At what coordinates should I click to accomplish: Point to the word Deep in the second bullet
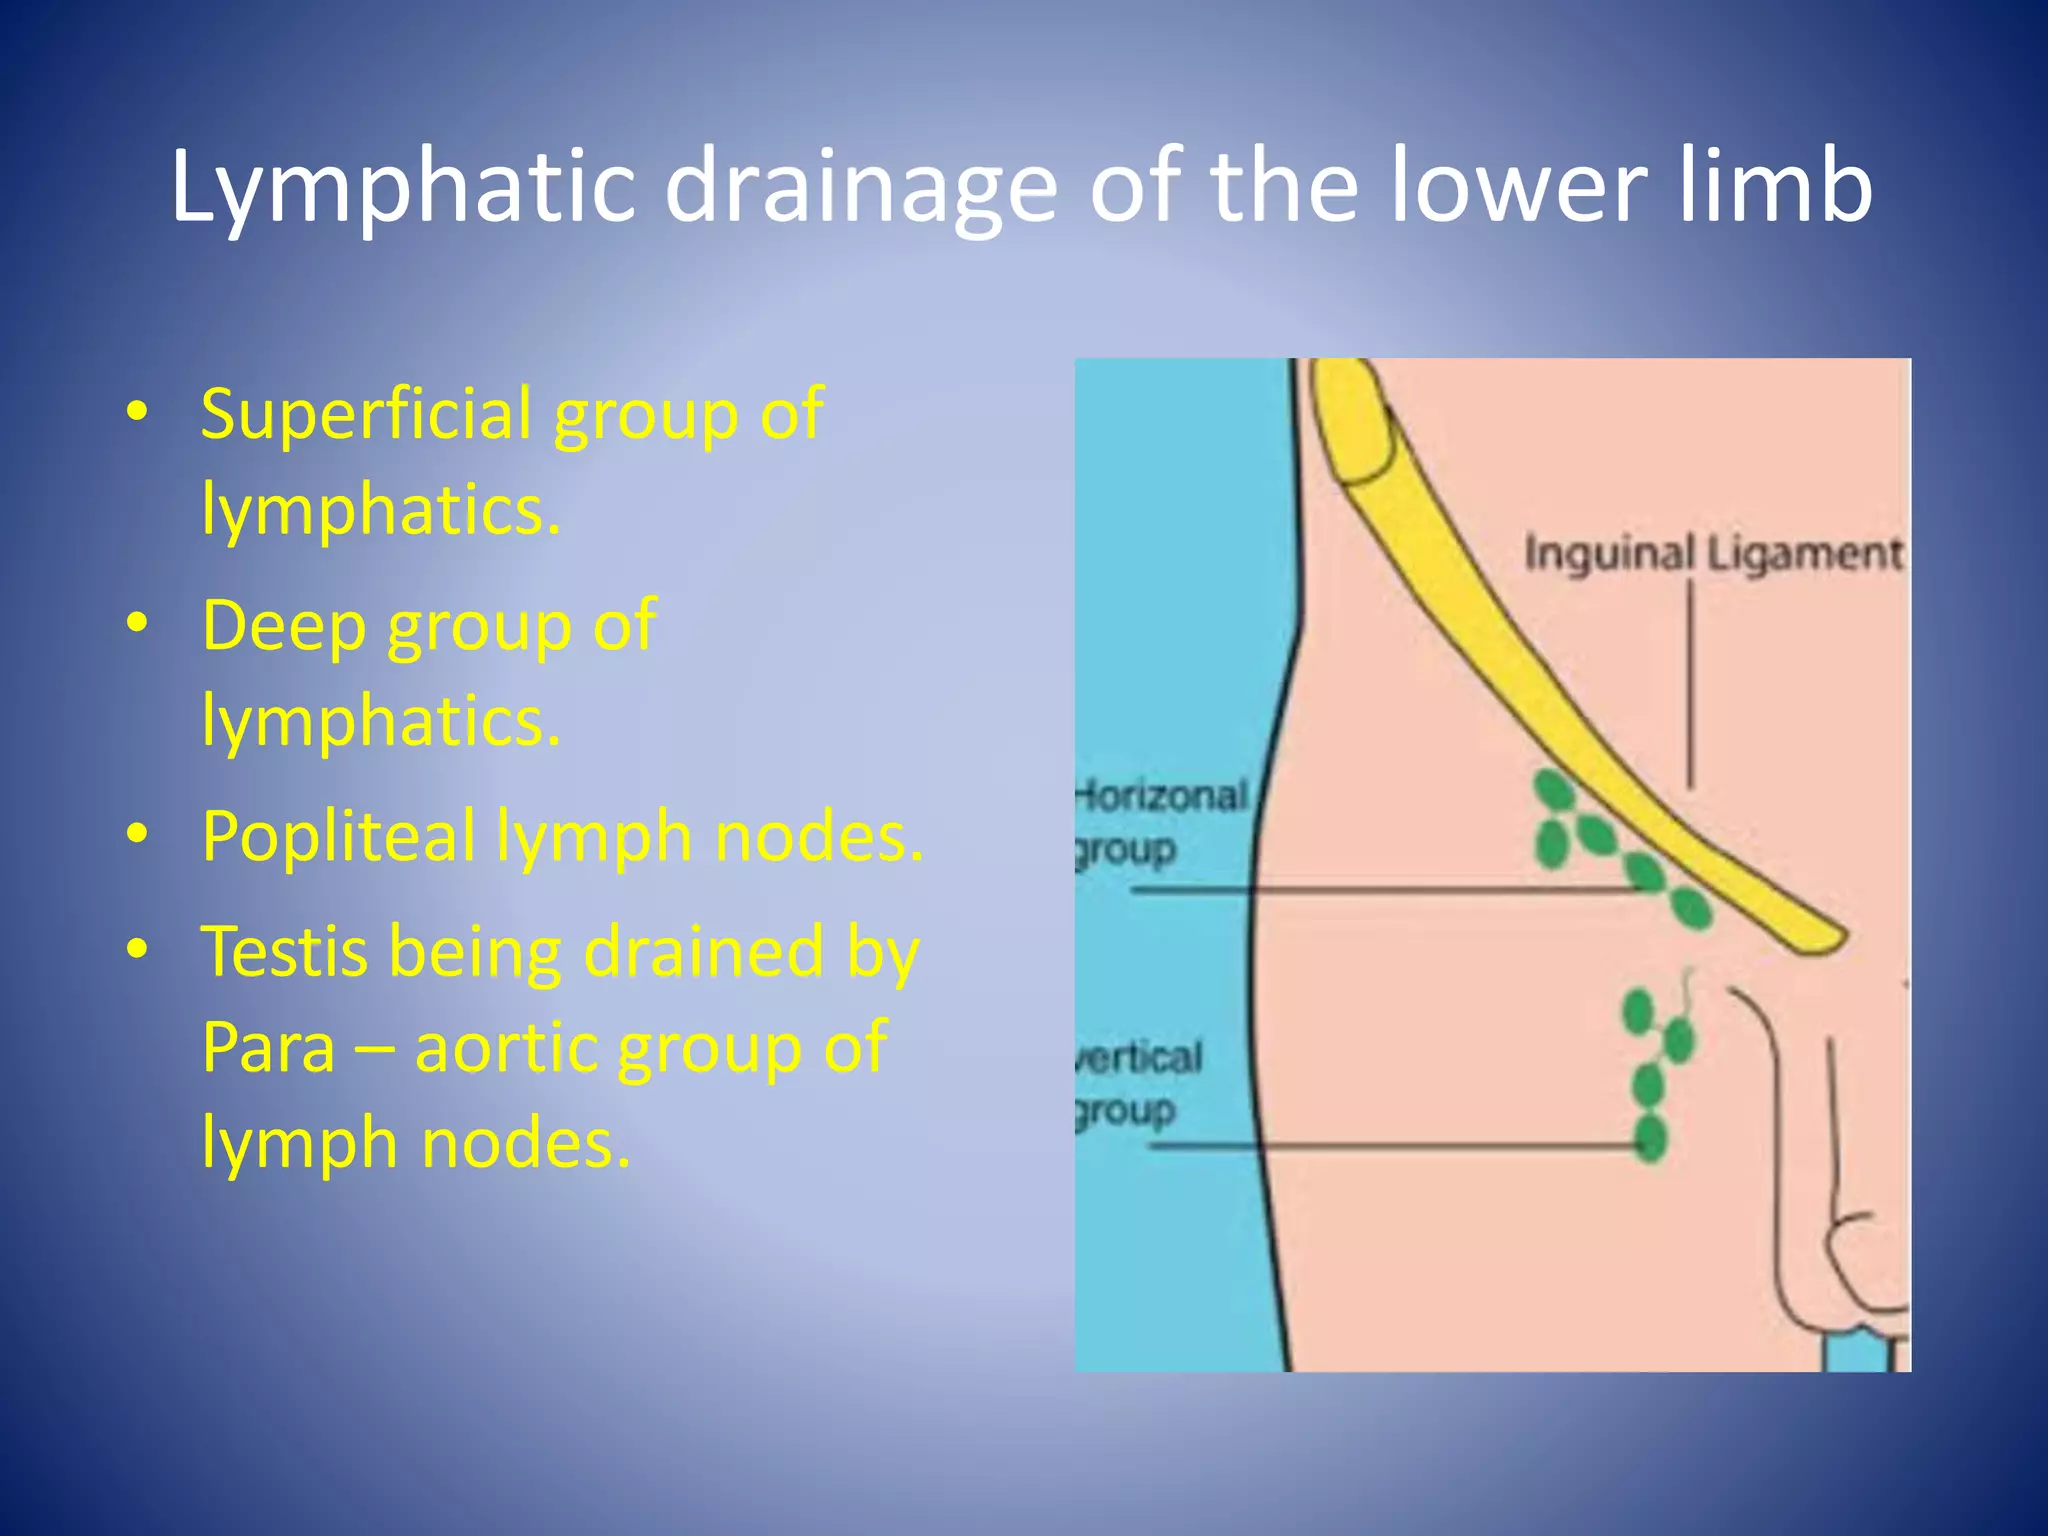coord(284,625)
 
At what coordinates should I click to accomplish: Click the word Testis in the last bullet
coord(284,951)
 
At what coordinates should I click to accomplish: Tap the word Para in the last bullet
coord(268,1047)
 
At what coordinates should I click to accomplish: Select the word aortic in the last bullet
coord(506,1047)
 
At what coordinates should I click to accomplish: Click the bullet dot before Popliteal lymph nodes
coord(138,833)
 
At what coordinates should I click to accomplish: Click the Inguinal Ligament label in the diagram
coord(1712,554)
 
